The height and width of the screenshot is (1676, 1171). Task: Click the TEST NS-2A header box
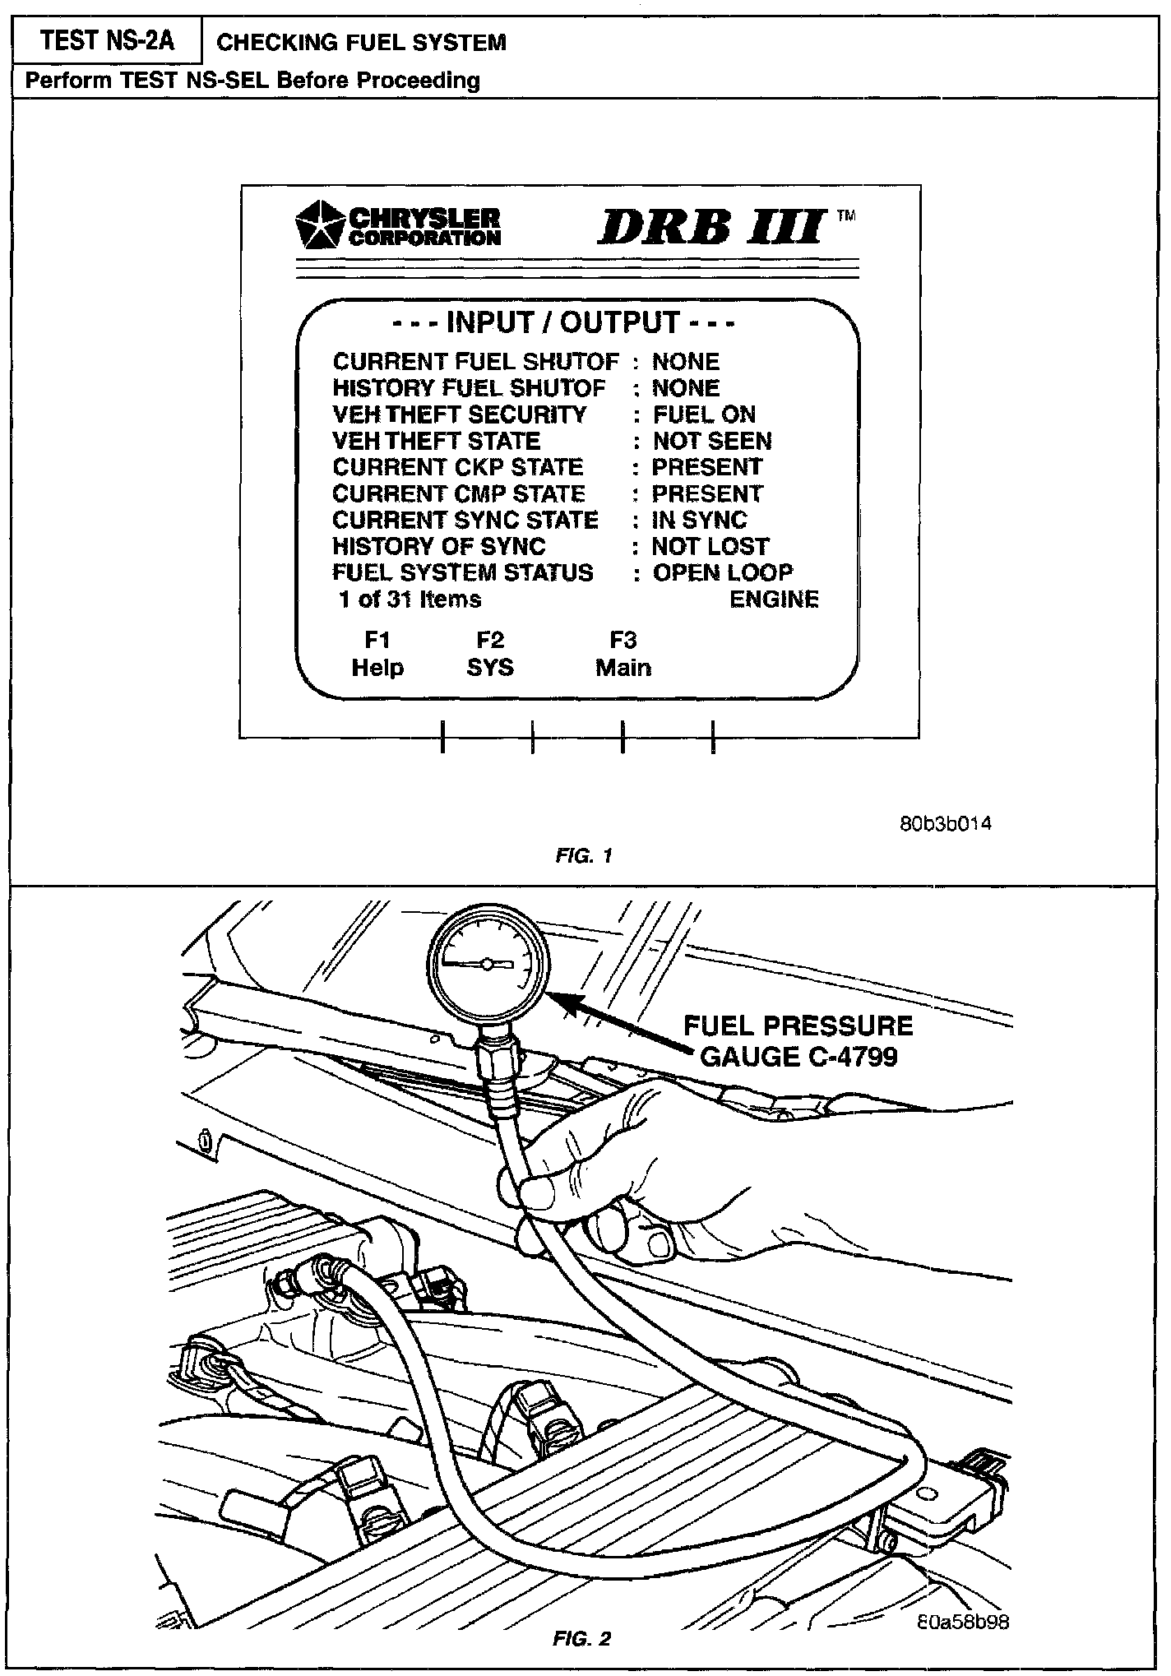click(107, 41)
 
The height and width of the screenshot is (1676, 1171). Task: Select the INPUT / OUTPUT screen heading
click(563, 322)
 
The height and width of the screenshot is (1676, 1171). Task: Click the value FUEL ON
click(704, 414)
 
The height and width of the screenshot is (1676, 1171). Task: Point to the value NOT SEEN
click(712, 441)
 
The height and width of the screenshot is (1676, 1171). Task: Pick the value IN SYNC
click(699, 520)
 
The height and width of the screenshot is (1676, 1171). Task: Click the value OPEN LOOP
click(723, 572)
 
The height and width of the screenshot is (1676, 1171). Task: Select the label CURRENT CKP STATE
click(458, 467)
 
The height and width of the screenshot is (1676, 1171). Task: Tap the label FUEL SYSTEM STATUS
click(463, 572)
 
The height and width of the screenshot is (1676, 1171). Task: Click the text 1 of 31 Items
click(410, 599)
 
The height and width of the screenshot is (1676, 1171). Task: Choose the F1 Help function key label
click(377, 654)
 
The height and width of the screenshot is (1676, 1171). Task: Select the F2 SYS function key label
click(490, 654)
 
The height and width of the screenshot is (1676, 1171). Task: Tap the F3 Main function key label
click(623, 654)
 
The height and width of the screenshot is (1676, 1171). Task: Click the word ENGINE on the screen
click(774, 600)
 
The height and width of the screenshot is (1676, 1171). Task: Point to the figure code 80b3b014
click(946, 824)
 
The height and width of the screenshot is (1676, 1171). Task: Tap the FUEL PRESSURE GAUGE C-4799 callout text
click(798, 1040)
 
